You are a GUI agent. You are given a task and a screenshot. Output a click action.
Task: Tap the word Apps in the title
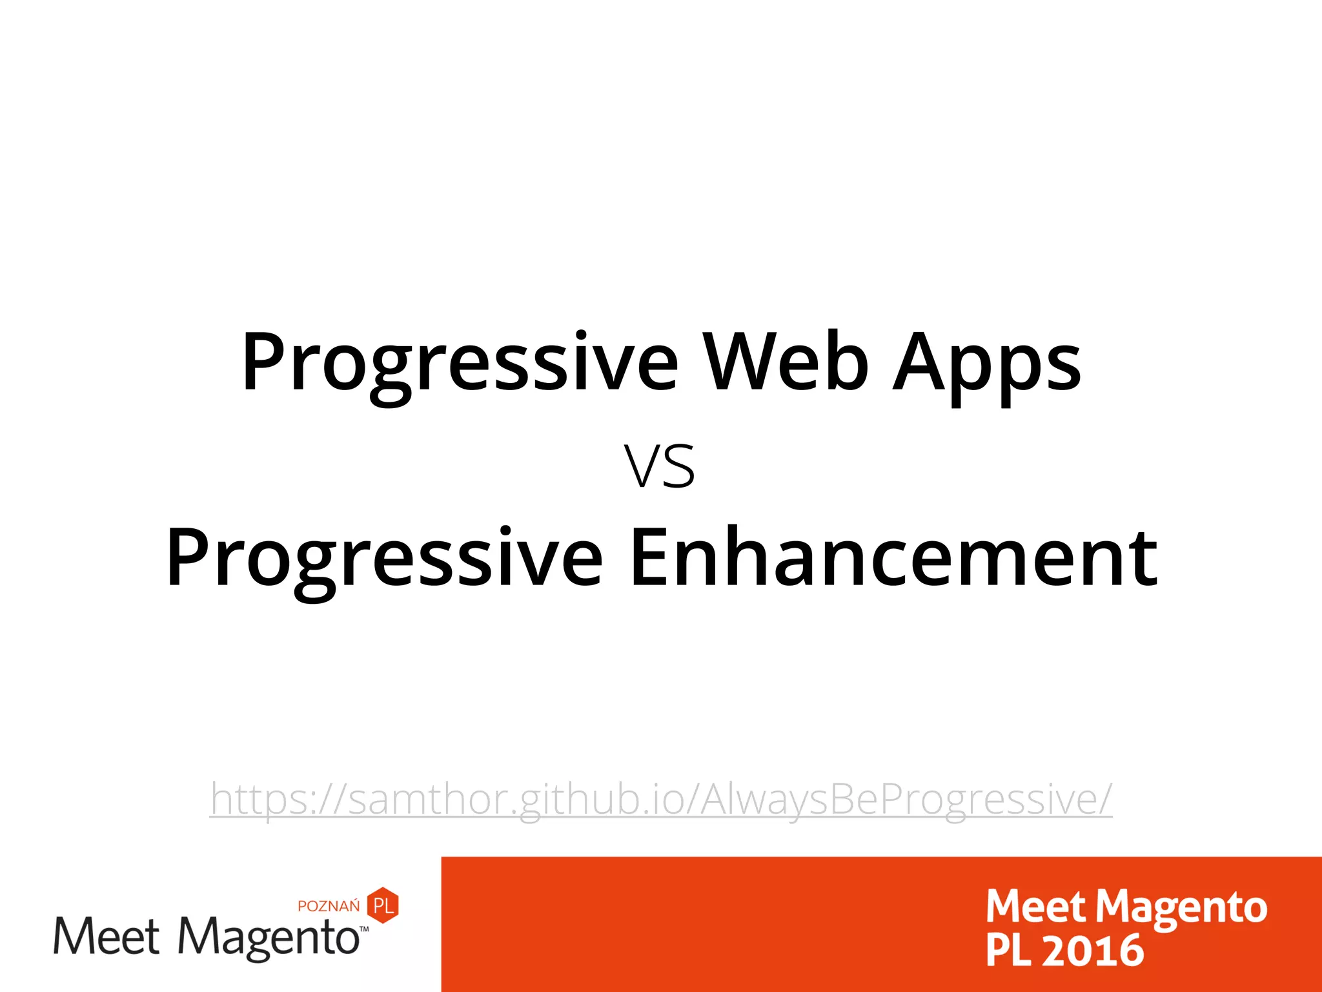[x=986, y=365]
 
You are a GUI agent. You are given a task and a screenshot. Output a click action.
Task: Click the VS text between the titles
[x=660, y=467]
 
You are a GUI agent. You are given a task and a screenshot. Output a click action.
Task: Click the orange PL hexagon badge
[x=383, y=905]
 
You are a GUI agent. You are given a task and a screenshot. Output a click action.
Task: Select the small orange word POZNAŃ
[x=329, y=905]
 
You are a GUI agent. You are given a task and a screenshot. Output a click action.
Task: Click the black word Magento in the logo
[x=269, y=938]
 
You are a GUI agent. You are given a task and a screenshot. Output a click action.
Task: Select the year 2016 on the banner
[x=1092, y=951]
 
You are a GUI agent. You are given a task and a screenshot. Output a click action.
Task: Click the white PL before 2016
[x=1008, y=951]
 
